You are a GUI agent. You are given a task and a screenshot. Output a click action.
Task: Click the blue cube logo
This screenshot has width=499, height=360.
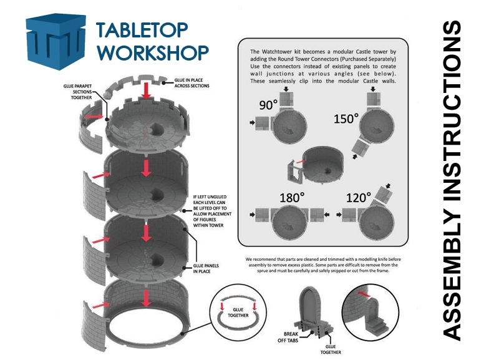[56, 41]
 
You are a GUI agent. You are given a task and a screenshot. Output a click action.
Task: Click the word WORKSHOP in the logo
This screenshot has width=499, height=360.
[153, 52]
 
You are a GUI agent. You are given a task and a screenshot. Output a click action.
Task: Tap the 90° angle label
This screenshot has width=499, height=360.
[268, 105]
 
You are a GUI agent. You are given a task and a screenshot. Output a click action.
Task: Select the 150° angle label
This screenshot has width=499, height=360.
[346, 119]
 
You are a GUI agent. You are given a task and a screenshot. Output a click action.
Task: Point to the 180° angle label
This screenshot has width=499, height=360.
[292, 198]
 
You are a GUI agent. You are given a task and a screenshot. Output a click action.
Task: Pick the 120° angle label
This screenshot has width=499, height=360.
[358, 198]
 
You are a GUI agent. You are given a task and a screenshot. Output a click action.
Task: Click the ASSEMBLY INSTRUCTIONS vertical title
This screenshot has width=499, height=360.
[452, 180]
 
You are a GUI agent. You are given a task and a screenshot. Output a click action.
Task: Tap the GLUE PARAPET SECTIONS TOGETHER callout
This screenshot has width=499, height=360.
[78, 92]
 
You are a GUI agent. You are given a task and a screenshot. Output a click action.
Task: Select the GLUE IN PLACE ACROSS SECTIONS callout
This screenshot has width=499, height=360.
[192, 83]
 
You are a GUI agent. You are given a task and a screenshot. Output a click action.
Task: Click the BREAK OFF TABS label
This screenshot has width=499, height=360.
[288, 337]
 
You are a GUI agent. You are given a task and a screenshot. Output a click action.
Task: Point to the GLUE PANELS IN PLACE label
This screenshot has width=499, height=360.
[206, 268]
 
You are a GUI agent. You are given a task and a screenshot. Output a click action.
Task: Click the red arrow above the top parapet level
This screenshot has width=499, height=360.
[146, 90]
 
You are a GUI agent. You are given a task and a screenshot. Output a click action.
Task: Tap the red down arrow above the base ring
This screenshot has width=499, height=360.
[146, 298]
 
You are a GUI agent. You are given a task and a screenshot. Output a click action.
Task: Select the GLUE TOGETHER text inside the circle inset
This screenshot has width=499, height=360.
[238, 312]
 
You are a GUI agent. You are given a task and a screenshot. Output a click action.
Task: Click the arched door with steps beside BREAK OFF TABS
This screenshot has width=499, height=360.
[314, 311]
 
